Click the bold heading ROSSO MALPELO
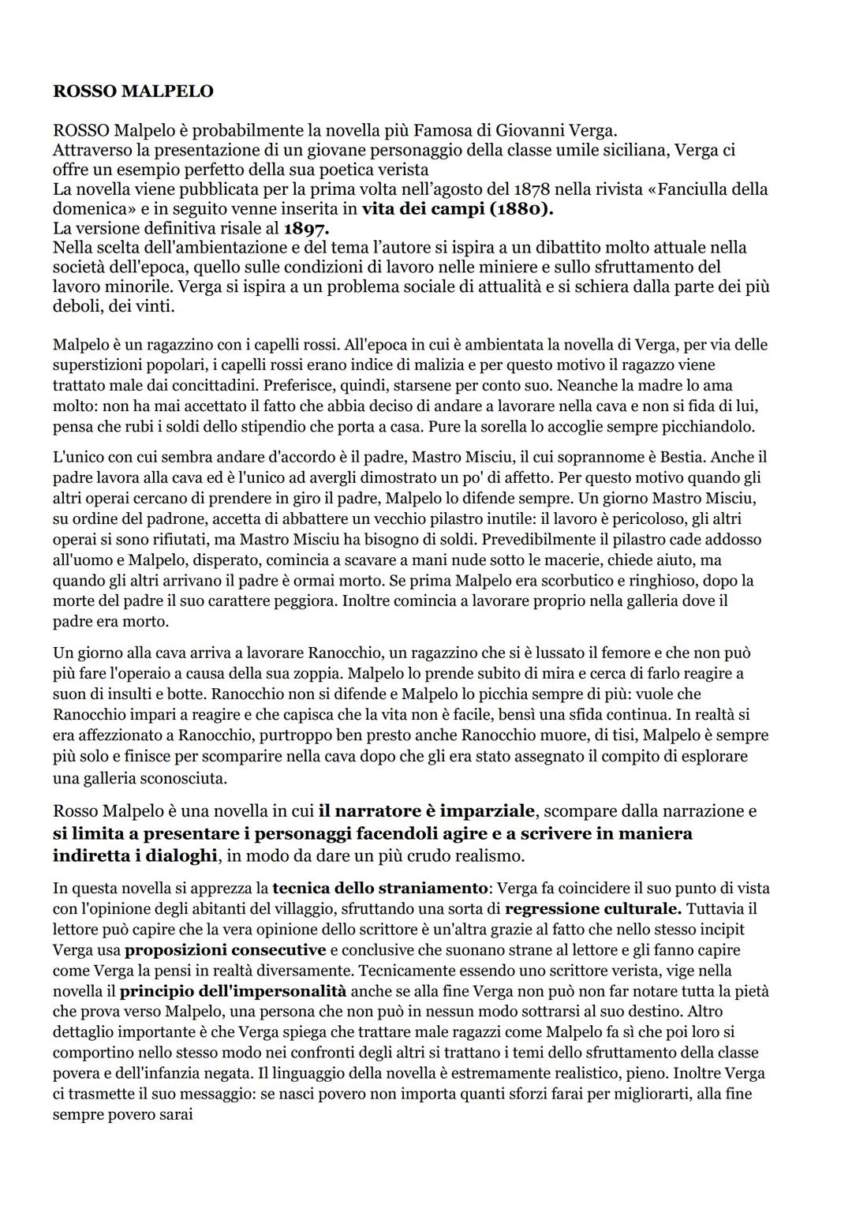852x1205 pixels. pyautogui.click(x=133, y=92)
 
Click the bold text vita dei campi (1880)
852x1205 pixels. pyautogui.click(x=458, y=209)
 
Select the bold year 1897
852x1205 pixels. pyautogui.click(x=305, y=229)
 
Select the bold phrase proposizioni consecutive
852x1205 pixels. pyautogui.click(x=225, y=950)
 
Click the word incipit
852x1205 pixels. pyautogui.click(x=719, y=930)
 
